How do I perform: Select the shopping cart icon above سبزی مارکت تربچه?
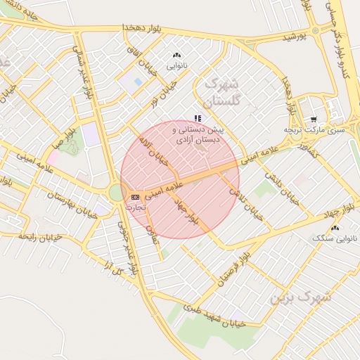pyautogui.click(x=313, y=119)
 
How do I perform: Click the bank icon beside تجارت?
pyautogui.click(x=135, y=197)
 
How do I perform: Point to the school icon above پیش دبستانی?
pyautogui.click(x=198, y=118)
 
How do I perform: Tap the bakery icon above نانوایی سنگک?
pyautogui.click(x=335, y=228)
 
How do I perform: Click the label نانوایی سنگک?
pyautogui.click(x=335, y=239)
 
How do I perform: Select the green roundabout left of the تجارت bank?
pyautogui.click(x=117, y=192)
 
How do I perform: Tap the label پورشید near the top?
pyautogui.click(x=295, y=36)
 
